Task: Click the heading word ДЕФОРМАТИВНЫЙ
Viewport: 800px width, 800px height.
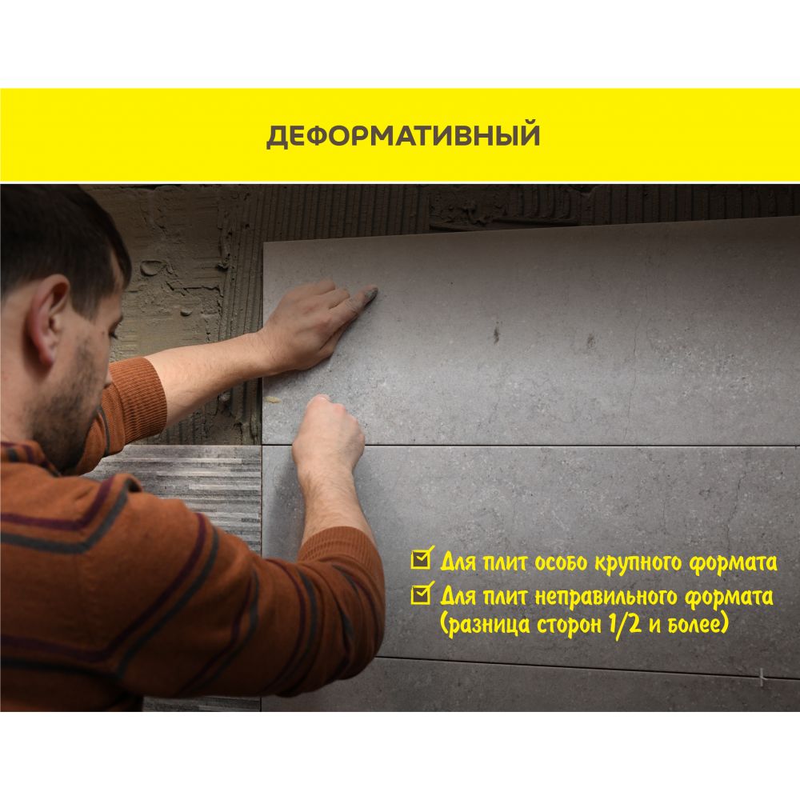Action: coord(402,135)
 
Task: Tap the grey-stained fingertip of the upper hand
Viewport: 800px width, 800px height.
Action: coord(370,294)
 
